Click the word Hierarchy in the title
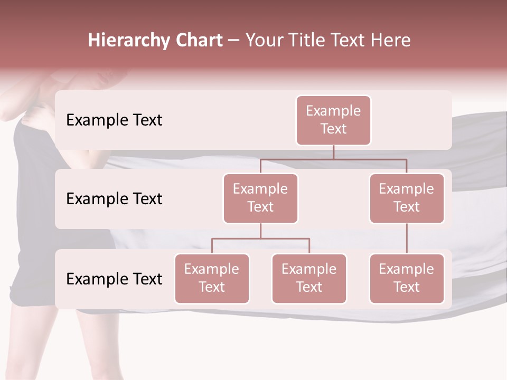point(124,40)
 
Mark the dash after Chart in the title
point(234,41)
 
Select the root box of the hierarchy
point(333,120)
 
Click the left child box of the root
point(260,198)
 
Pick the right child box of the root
point(407,198)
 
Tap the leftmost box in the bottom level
point(212,278)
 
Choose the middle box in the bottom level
point(309,278)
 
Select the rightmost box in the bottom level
point(407,278)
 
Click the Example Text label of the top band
point(114,120)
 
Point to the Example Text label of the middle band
point(114,198)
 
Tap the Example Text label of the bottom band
point(114,279)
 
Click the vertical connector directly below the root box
point(333,152)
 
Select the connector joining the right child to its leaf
point(407,239)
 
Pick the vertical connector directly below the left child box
point(260,231)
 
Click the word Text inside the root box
point(333,129)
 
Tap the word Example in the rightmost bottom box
point(407,269)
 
